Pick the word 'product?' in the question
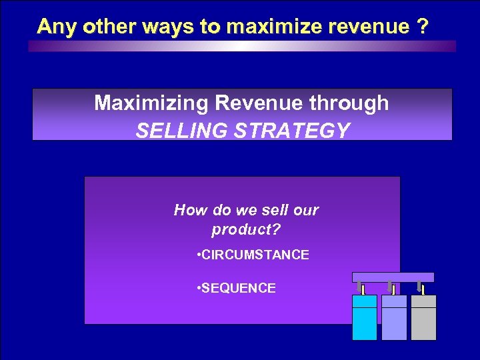[246, 230]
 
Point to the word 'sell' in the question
[273, 211]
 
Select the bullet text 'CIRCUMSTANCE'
[256, 255]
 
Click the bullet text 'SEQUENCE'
[239, 288]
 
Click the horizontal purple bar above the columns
[393, 277]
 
